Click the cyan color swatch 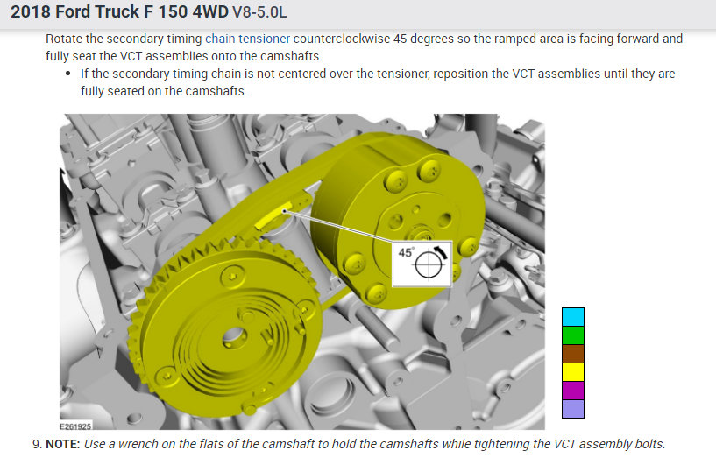click(573, 317)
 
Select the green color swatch click(573, 335)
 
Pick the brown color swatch click(573, 354)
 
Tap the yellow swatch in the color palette click(573, 372)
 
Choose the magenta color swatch click(573, 391)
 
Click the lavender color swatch click(573, 409)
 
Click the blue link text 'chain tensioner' click(247, 39)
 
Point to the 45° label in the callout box click(406, 252)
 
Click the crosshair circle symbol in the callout click(429, 264)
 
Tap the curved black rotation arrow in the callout click(441, 252)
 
